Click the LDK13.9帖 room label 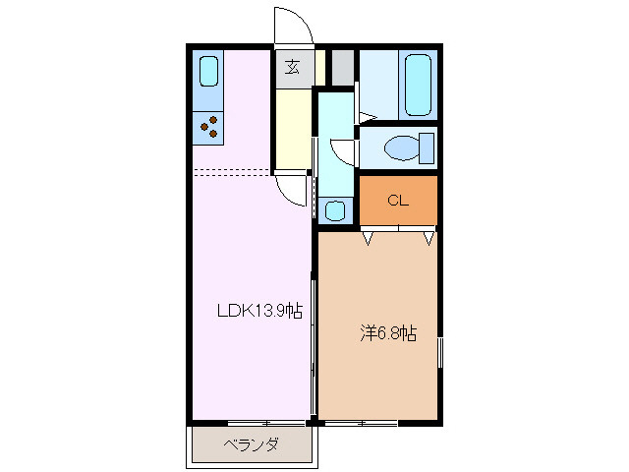[259, 311]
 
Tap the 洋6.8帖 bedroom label [386, 333]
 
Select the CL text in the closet [397, 202]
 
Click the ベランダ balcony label [251, 445]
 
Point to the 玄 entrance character [293, 67]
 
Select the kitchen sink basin [208, 73]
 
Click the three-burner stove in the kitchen [208, 125]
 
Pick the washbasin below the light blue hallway [335, 209]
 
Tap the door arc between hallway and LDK [291, 190]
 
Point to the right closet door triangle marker [429, 237]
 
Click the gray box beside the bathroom [341, 67]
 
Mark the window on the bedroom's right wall [439, 351]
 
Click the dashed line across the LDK [232, 169]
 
